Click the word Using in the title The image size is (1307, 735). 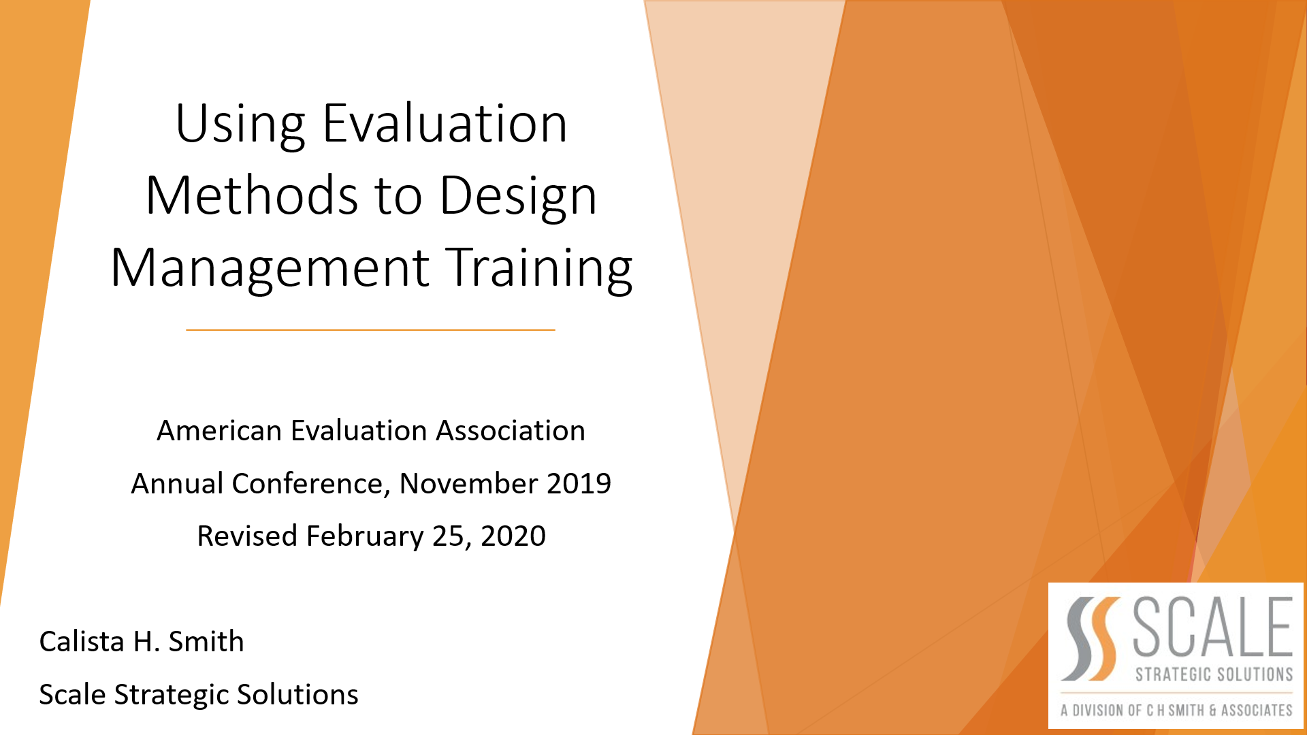[x=240, y=126]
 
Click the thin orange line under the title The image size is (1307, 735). [x=371, y=330]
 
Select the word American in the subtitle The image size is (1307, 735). [x=219, y=431]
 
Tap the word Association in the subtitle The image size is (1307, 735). [x=511, y=431]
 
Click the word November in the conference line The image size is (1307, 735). [x=468, y=484]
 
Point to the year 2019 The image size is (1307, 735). [x=579, y=484]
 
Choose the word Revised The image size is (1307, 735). [x=247, y=536]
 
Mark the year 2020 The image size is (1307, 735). [x=513, y=536]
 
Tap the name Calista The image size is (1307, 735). [x=82, y=642]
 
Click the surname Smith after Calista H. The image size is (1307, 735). [x=206, y=642]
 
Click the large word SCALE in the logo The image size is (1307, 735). [x=1213, y=626]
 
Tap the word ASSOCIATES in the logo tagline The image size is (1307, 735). [x=1257, y=710]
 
